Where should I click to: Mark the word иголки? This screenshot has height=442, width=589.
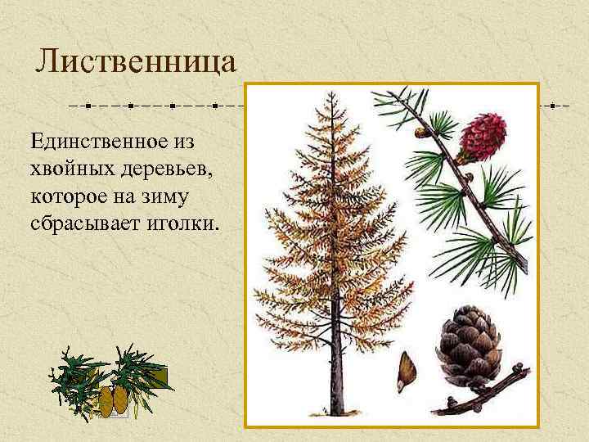[x=183, y=223]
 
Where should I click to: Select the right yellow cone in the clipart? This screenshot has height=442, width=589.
[x=120, y=399]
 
